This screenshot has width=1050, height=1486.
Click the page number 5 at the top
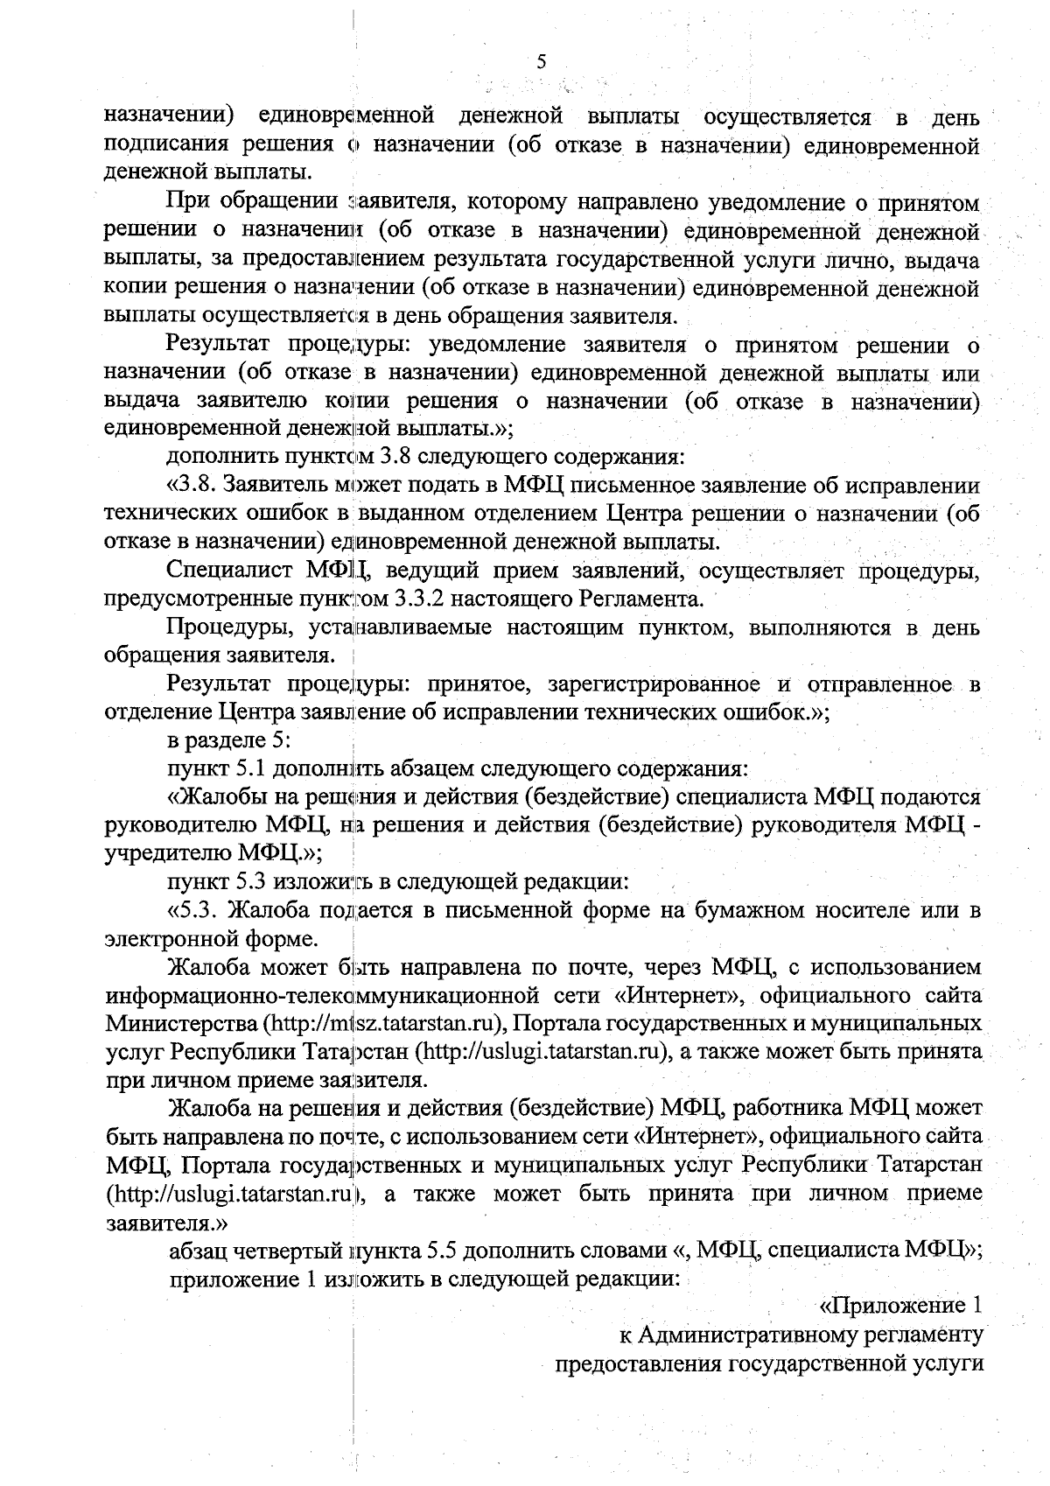(x=541, y=61)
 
